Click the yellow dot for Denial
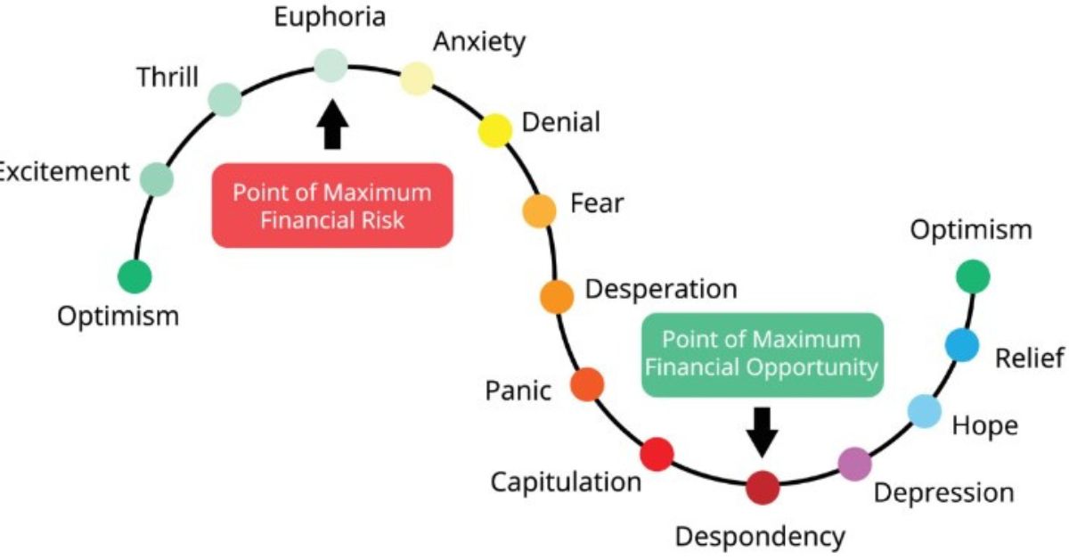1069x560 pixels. pyautogui.click(x=494, y=131)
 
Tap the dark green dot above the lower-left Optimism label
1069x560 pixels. pyautogui.click(x=135, y=276)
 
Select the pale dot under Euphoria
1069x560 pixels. pyautogui.click(x=330, y=65)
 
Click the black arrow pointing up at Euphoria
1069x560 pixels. pyautogui.click(x=331, y=125)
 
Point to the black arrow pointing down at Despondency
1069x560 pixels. pyautogui.click(x=762, y=431)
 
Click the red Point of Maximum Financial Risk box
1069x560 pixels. pyautogui.click(x=332, y=205)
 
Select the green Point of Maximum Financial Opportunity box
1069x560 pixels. pyautogui.click(x=762, y=353)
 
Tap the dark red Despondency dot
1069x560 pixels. pyautogui.click(x=763, y=488)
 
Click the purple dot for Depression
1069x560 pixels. pyautogui.click(x=855, y=464)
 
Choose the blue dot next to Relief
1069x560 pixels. pyautogui.click(x=961, y=345)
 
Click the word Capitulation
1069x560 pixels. pyautogui.click(x=566, y=482)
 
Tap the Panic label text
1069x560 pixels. pyautogui.click(x=518, y=390)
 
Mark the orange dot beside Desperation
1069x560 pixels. pyautogui.click(x=557, y=296)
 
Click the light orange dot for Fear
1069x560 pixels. pyautogui.click(x=538, y=210)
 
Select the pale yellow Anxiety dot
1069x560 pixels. pyautogui.click(x=417, y=78)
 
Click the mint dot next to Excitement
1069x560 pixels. pyautogui.click(x=158, y=179)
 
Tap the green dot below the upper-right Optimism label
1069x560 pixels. pyautogui.click(x=973, y=276)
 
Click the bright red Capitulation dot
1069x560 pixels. pyautogui.click(x=657, y=454)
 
